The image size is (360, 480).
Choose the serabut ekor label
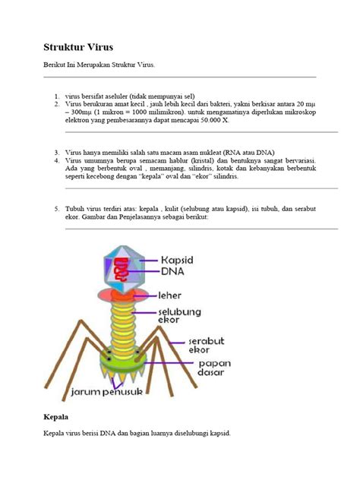[x=204, y=347]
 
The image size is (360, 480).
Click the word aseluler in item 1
[x=111, y=97]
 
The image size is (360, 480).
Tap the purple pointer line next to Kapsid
[x=146, y=261]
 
